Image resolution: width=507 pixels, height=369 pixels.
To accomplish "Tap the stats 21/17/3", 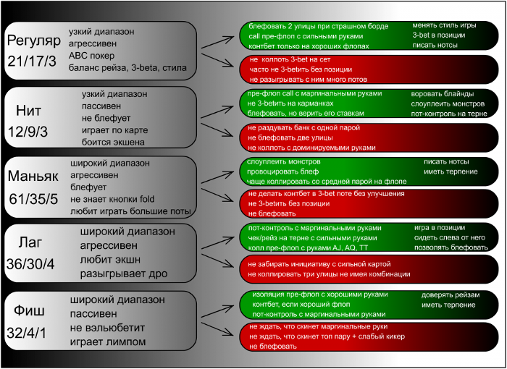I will coord(32,61).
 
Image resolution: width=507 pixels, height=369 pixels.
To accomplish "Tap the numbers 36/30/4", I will coord(30,263).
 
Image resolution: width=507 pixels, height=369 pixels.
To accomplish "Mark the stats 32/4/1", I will coord(28,334).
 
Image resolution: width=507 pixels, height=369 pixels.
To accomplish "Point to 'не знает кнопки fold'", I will coord(114,199).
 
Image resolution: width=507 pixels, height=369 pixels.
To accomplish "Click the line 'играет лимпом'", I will coord(108,342).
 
